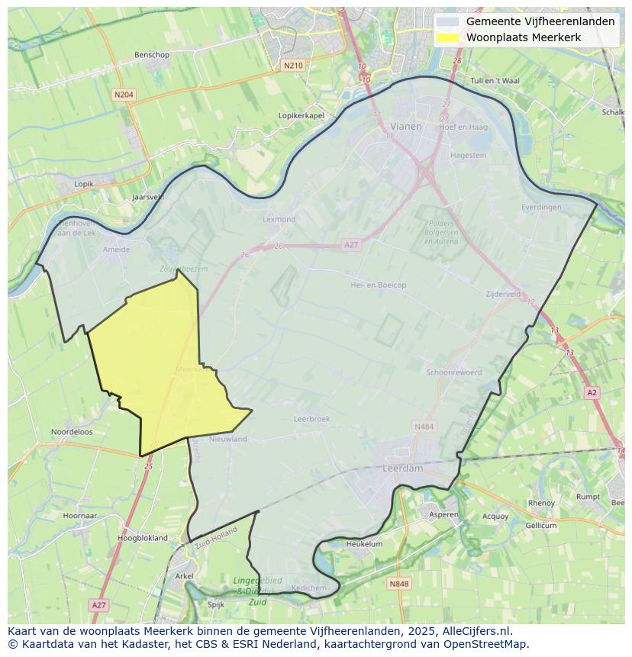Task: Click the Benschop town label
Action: [x=151, y=55]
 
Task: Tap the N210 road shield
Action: [x=293, y=66]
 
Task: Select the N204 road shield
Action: [x=124, y=95]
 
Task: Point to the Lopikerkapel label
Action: [x=301, y=115]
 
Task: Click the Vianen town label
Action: [x=405, y=127]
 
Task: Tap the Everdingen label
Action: [x=540, y=207]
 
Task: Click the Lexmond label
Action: [x=279, y=219]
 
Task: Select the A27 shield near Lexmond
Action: [x=350, y=244]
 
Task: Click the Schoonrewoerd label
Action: [x=453, y=372]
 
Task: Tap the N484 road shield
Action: [x=423, y=427]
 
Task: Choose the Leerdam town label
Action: [x=402, y=469]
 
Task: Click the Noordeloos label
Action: [x=72, y=432]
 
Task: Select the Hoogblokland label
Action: [x=143, y=538]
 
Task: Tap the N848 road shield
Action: [x=398, y=584]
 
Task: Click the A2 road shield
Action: [x=592, y=392]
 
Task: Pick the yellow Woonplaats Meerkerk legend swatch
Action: [x=449, y=37]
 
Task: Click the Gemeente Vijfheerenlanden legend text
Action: [x=540, y=21]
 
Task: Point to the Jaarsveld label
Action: [x=148, y=197]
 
